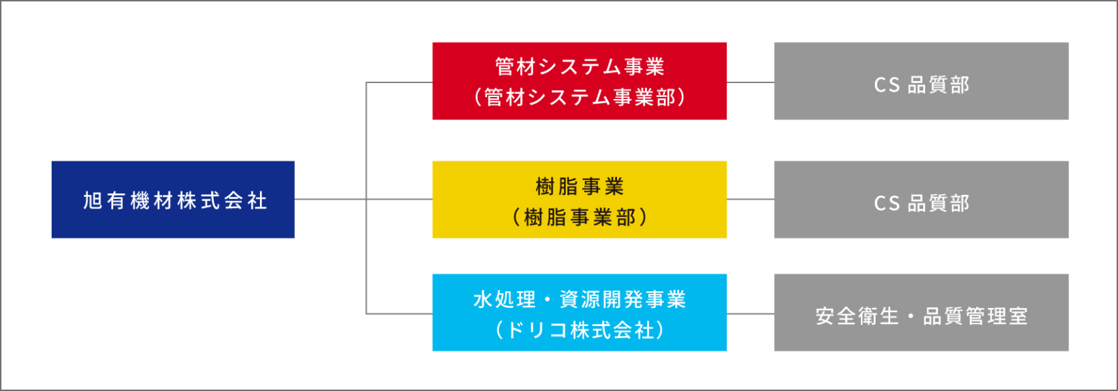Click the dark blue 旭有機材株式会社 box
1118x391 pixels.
point(173,200)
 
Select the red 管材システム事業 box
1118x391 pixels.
point(579,81)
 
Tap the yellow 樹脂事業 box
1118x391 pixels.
point(579,200)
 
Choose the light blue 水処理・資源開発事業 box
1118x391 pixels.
point(579,313)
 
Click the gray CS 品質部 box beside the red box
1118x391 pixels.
point(922,81)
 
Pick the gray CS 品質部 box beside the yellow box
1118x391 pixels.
point(922,200)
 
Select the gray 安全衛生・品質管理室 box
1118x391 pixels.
point(922,313)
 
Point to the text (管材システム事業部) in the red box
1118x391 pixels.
point(579,97)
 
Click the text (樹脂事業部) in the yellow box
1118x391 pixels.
point(579,217)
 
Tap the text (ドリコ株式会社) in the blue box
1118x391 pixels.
point(579,330)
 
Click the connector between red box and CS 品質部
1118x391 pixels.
point(750,82)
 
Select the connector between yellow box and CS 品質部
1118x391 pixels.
point(750,200)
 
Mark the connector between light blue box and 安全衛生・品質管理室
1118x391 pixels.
point(750,313)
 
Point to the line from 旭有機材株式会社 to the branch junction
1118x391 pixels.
point(331,200)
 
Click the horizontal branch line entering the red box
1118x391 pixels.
point(399,82)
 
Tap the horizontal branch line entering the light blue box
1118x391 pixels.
point(399,313)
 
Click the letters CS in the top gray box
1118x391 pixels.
point(887,85)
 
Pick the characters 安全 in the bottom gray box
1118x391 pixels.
point(836,316)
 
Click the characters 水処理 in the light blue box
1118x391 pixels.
point(504,300)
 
